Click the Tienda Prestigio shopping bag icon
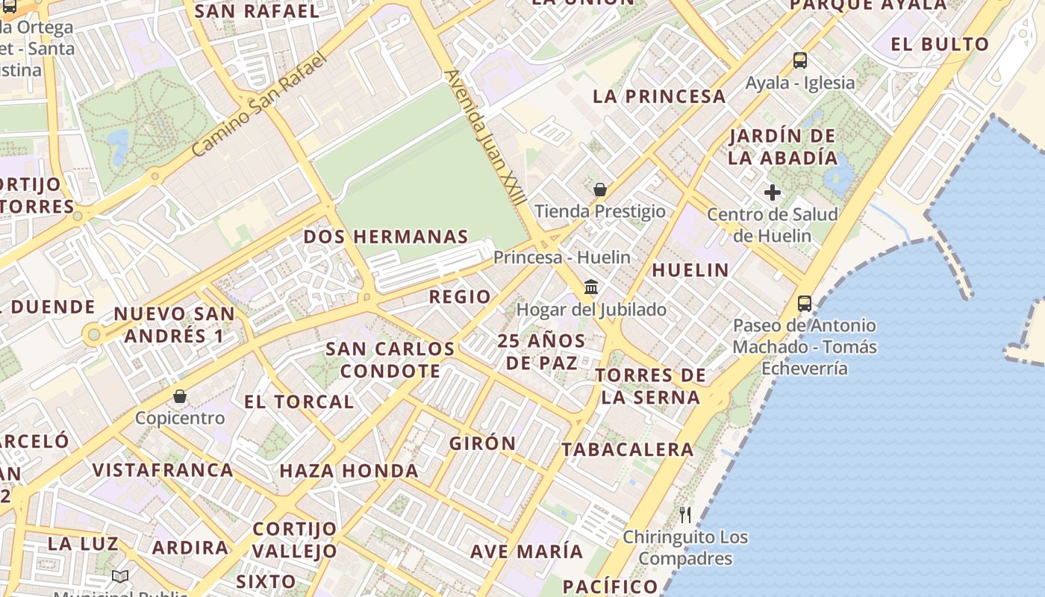pyautogui.click(x=599, y=190)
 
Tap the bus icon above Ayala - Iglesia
pyautogui.click(x=800, y=60)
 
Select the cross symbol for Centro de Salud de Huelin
pyautogui.click(x=773, y=193)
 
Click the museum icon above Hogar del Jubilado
pyautogui.click(x=592, y=287)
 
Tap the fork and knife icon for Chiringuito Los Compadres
pyautogui.click(x=685, y=514)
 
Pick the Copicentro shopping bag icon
pyautogui.click(x=180, y=396)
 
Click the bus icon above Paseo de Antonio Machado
pyautogui.click(x=805, y=303)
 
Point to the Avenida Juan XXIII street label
pyautogui.click(x=485, y=137)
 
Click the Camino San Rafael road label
pyautogui.click(x=259, y=104)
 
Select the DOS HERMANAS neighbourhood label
pyautogui.click(x=386, y=237)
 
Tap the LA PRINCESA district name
pyautogui.click(x=659, y=96)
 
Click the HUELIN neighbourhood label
pyautogui.click(x=690, y=270)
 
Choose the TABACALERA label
pyautogui.click(x=628, y=449)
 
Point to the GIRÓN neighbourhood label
pyautogui.click(x=483, y=443)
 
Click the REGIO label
pyautogui.click(x=460, y=297)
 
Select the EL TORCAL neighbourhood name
pyautogui.click(x=299, y=401)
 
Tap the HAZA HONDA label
pyautogui.click(x=349, y=471)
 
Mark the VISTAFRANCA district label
pyautogui.click(x=163, y=470)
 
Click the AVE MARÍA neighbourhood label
pyautogui.click(x=526, y=551)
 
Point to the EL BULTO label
pyautogui.click(x=940, y=44)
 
